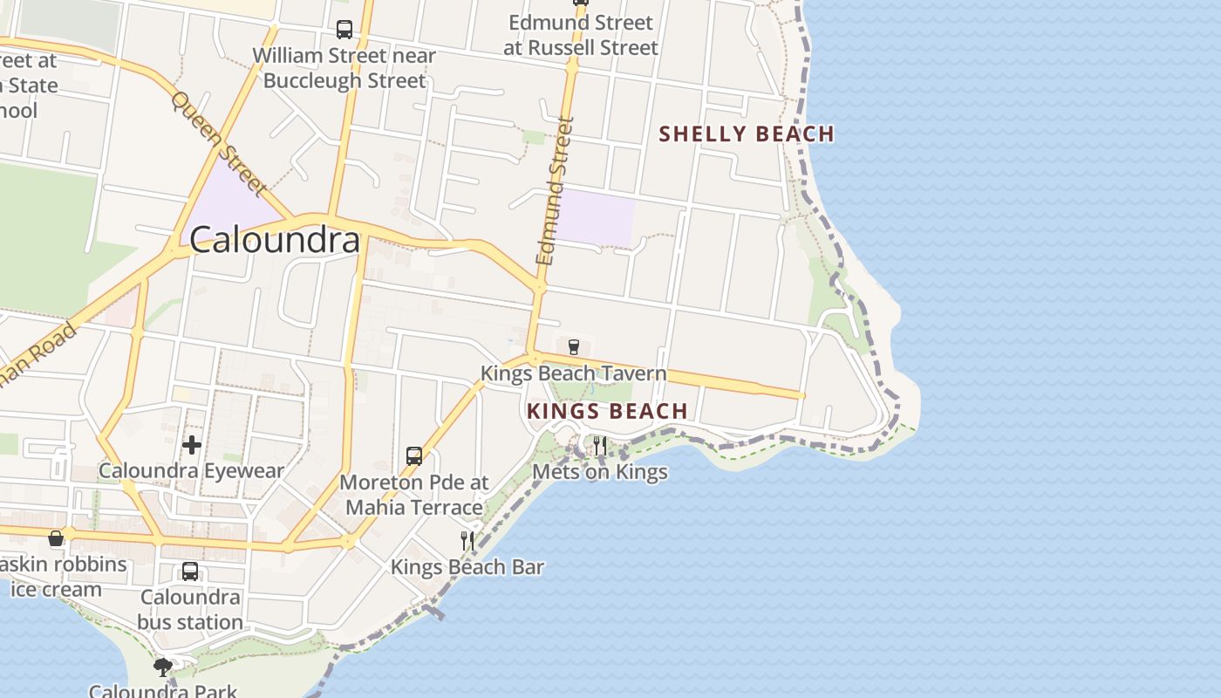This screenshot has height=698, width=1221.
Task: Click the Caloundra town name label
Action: pyautogui.click(x=275, y=240)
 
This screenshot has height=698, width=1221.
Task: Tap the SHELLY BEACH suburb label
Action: pyautogui.click(x=747, y=133)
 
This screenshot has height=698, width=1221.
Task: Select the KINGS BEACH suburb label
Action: pyautogui.click(x=608, y=411)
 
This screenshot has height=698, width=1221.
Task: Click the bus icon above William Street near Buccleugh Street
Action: pyautogui.click(x=344, y=30)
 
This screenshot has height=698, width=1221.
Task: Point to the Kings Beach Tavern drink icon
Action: pyautogui.click(x=574, y=347)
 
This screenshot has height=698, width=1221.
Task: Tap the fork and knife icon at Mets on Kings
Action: pyautogui.click(x=600, y=447)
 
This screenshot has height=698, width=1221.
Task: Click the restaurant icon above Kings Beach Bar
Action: pyautogui.click(x=467, y=541)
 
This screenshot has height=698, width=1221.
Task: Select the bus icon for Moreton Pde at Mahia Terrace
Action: pyautogui.click(x=414, y=456)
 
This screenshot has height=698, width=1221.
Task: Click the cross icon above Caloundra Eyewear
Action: pyautogui.click(x=192, y=445)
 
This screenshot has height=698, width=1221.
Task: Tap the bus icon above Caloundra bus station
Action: pyautogui.click(x=189, y=572)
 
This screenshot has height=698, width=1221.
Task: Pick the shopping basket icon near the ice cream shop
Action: pyautogui.click(x=56, y=538)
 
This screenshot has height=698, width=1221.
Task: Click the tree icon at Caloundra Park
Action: pyautogui.click(x=163, y=667)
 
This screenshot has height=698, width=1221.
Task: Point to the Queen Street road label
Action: pyautogui.click(x=218, y=143)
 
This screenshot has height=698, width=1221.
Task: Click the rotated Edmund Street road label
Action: pyautogui.click(x=556, y=191)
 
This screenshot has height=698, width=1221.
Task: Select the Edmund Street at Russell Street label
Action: pyautogui.click(x=580, y=35)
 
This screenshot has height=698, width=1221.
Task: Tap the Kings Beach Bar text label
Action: pyautogui.click(x=467, y=567)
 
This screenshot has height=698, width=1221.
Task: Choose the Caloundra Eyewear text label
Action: pyautogui.click(x=191, y=471)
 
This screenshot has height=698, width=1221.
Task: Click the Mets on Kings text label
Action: pyautogui.click(x=600, y=472)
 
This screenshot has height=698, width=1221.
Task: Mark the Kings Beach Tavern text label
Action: pyautogui.click(x=573, y=374)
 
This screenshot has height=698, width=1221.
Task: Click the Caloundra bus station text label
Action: pyautogui.click(x=190, y=610)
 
